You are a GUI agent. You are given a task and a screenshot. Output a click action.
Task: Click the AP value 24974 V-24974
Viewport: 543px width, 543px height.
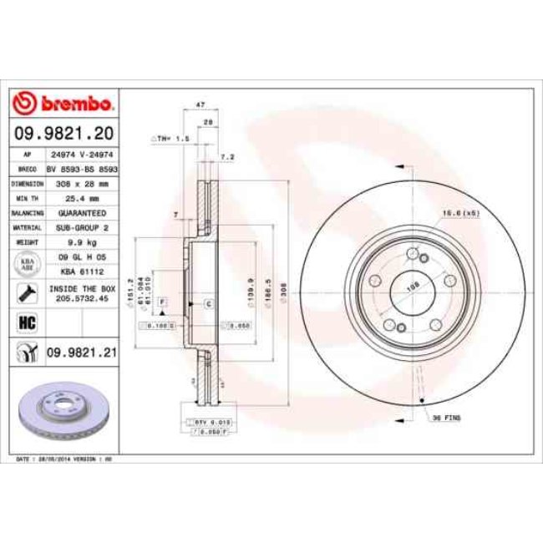(x=82, y=155)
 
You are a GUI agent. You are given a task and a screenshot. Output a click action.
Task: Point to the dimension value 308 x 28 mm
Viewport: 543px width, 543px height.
(x=82, y=182)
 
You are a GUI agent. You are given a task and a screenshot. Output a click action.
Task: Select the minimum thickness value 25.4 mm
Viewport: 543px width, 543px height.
(x=82, y=198)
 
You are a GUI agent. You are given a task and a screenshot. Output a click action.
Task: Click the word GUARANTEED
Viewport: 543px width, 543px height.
(x=82, y=213)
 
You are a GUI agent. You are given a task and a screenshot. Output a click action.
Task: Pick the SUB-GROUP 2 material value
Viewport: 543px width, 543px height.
(x=82, y=226)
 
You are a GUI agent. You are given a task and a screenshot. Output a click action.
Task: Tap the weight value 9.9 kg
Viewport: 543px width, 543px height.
(x=82, y=241)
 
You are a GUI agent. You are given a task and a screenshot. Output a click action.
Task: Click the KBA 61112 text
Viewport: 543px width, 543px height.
(x=82, y=271)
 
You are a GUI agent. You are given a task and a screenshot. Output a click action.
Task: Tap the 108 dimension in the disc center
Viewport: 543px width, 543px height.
(x=412, y=284)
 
